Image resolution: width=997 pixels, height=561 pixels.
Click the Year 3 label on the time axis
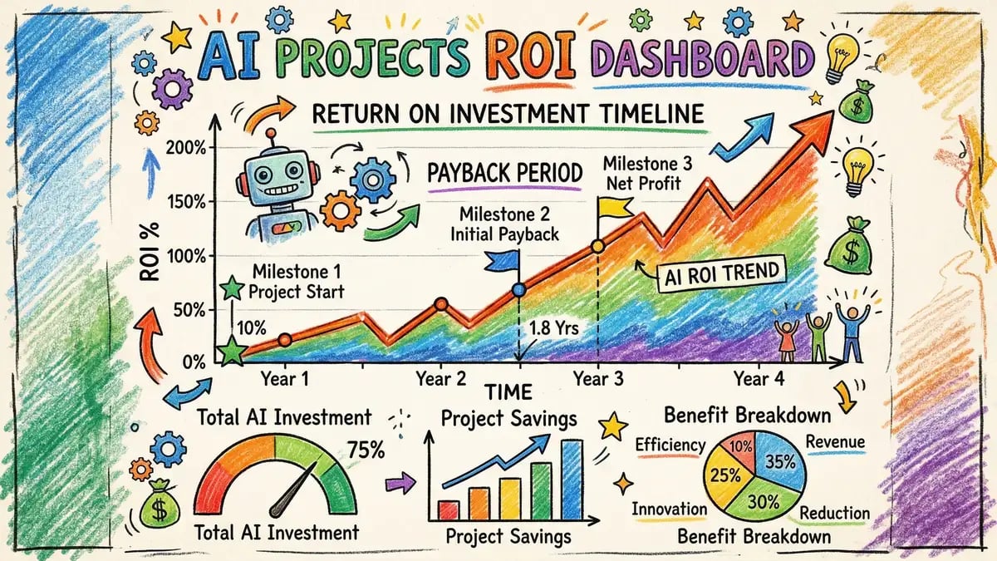pyautogui.click(x=598, y=378)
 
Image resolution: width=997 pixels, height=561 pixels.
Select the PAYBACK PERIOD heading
pyautogui.click(x=504, y=174)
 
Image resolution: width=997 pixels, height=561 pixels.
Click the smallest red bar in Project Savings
pyautogui.click(x=449, y=509)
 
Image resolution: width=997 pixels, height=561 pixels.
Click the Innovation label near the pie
pyautogui.click(x=669, y=509)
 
